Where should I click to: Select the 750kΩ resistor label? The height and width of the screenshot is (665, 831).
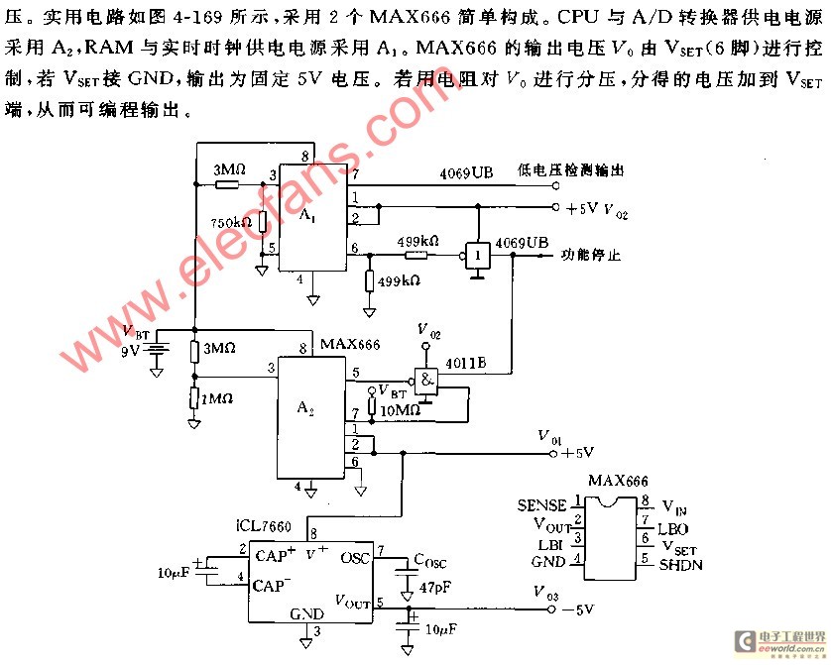(230, 222)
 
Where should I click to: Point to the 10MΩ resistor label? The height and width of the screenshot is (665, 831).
(402, 409)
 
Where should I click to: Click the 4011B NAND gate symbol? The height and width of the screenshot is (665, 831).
(428, 379)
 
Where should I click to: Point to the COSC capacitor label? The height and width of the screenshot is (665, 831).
(434, 560)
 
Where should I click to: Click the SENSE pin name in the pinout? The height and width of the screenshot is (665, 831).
(541, 505)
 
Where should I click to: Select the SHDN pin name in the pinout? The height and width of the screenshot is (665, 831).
(680, 565)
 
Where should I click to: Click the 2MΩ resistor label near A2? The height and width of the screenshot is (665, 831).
(217, 399)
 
